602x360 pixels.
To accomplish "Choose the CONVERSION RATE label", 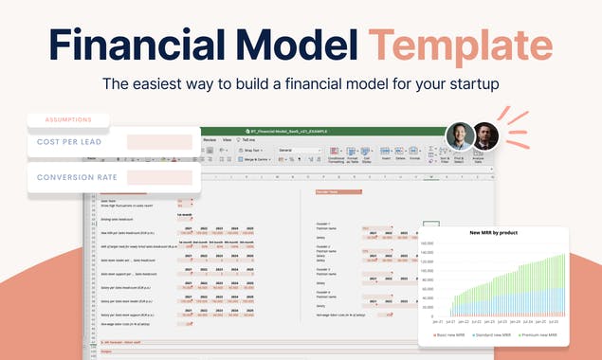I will click(77, 177).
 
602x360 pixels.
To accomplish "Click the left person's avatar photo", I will click(459, 136).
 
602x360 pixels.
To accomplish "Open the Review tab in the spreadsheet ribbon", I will click(210, 139).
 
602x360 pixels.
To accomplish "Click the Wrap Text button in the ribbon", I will click(253, 150).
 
